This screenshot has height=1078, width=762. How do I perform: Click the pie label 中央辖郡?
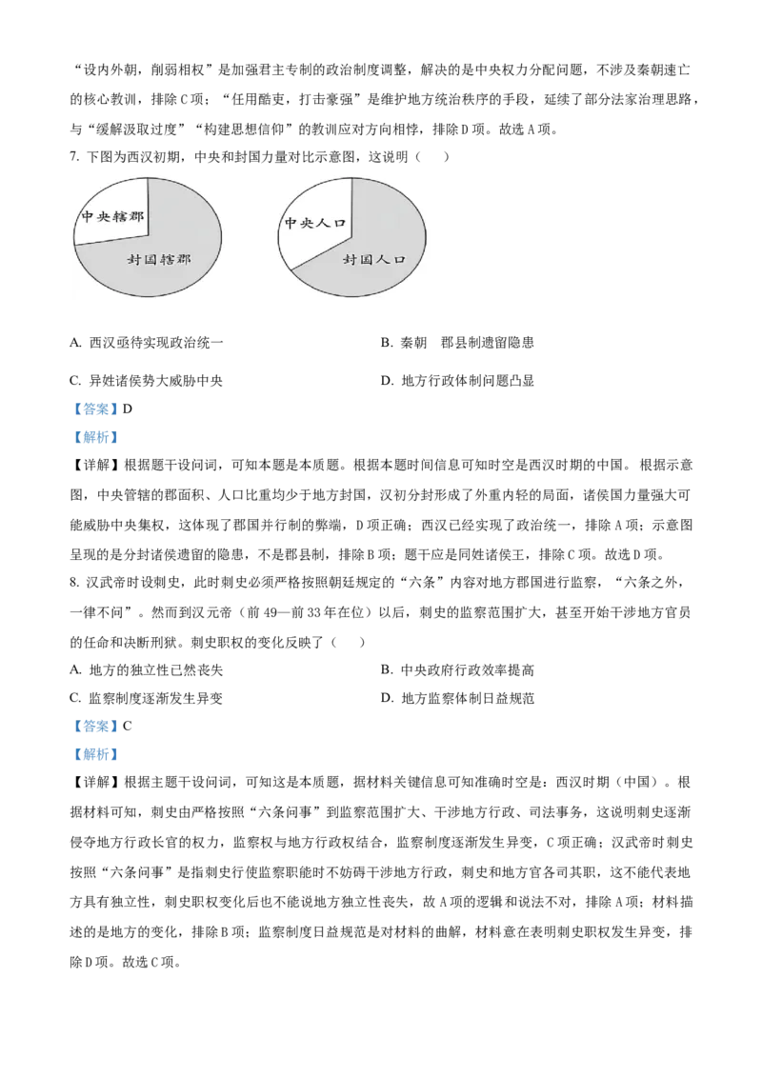point(112,216)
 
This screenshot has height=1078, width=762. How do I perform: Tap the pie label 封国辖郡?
point(159,260)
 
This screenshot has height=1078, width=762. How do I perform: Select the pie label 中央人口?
point(315,223)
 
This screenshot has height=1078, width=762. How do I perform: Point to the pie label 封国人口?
point(374,260)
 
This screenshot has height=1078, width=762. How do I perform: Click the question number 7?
point(74,157)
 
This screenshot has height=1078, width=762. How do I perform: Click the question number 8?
point(74,582)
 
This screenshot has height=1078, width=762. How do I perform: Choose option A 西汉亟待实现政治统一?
point(147,343)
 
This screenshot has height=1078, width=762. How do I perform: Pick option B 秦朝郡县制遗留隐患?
point(457,343)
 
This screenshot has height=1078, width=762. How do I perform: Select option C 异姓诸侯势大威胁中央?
point(147,381)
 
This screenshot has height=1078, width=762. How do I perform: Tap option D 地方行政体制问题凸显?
point(457,381)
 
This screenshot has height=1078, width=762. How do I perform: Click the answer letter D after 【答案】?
point(128,409)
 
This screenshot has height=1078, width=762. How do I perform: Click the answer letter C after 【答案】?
point(128,726)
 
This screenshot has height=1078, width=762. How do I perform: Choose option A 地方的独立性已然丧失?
point(147,669)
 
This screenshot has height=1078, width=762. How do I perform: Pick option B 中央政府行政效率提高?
point(457,669)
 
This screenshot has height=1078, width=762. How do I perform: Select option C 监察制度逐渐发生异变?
point(147,698)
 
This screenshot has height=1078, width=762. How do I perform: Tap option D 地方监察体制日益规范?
point(457,698)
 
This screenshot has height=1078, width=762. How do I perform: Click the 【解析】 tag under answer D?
point(96,437)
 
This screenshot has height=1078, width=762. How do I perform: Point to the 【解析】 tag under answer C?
point(96,754)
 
